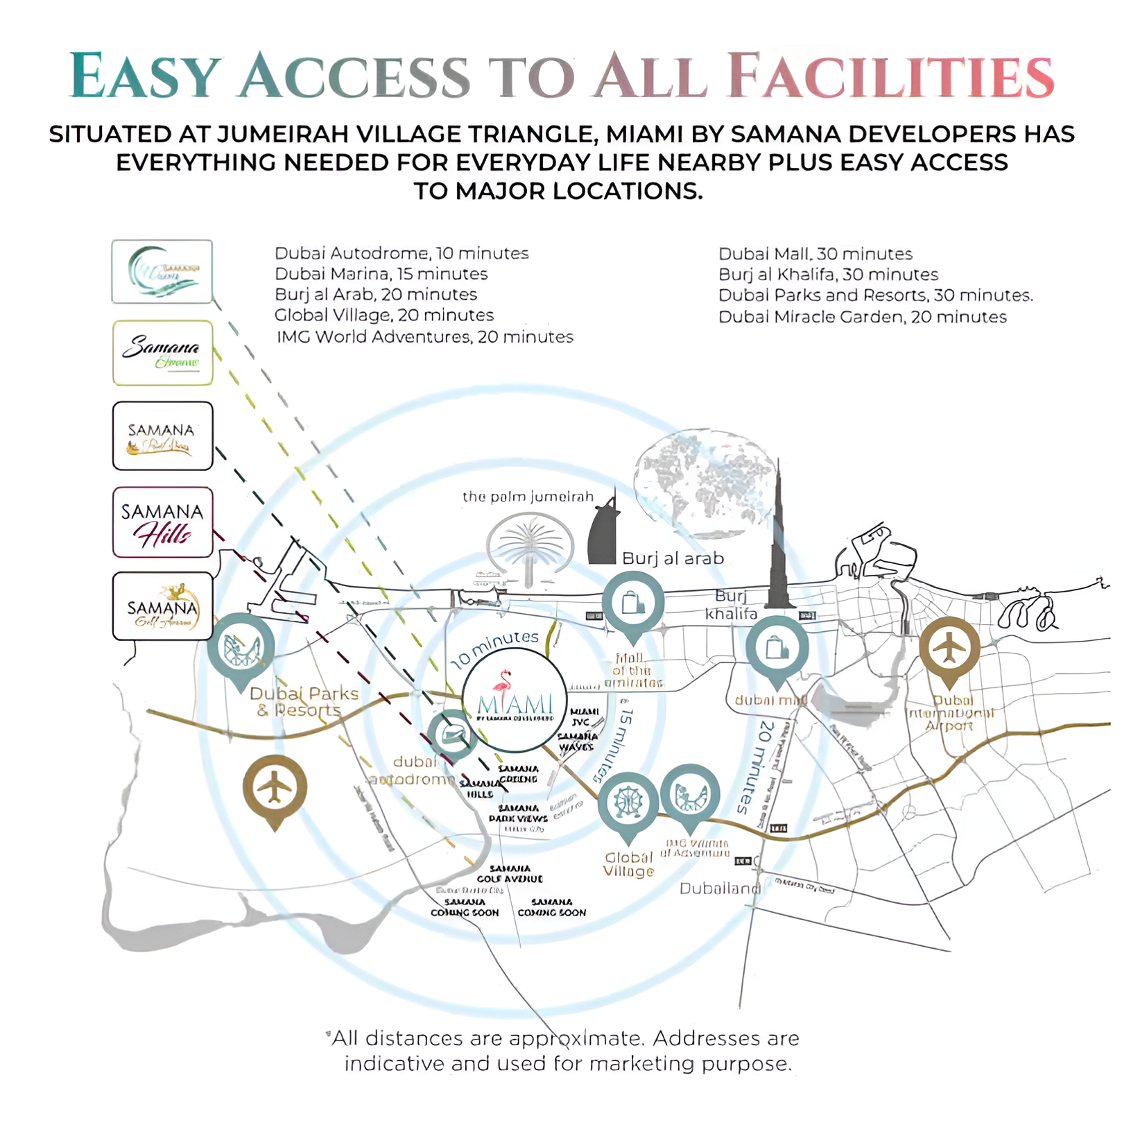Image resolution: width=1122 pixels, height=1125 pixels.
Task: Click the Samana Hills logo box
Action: pyautogui.click(x=162, y=522)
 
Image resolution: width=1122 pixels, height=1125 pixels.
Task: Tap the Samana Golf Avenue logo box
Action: pyautogui.click(x=162, y=606)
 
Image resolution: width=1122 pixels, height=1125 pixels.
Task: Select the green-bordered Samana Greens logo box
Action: pyautogui.click(x=162, y=353)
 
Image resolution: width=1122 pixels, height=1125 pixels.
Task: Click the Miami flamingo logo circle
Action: pyautogui.click(x=515, y=701)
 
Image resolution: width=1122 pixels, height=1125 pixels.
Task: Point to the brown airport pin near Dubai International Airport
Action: pyautogui.click(x=949, y=649)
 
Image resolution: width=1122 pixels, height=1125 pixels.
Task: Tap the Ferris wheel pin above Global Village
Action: pyautogui.click(x=628, y=803)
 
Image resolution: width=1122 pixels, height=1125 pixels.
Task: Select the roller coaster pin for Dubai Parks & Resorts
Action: pyautogui.click(x=241, y=648)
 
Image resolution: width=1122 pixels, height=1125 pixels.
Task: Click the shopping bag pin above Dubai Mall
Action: pyautogui.click(x=777, y=649)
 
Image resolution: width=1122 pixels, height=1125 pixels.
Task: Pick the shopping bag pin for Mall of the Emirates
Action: pyautogui.click(x=632, y=603)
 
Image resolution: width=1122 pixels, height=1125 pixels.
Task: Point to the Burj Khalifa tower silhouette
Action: pyautogui.click(x=779, y=541)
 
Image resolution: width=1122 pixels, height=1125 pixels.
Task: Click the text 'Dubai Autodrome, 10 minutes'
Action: pyautogui.click(x=402, y=253)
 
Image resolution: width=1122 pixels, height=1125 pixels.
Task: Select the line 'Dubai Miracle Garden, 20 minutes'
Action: pyautogui.click(x=862, y=317)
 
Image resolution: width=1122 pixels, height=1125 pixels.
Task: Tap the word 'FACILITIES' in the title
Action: pyautogui.click(x=892, y=76)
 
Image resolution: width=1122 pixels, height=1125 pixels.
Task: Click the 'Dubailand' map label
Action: pyautogui.click(x=720, y=888)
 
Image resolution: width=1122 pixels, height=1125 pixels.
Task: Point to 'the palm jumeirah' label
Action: pyautogui.click(x=528, y=497)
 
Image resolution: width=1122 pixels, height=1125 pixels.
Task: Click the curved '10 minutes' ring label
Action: pyautogui.click(x=494, y=648)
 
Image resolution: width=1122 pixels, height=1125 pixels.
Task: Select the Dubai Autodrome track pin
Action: pyautogui.click(x=452, y=734)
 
